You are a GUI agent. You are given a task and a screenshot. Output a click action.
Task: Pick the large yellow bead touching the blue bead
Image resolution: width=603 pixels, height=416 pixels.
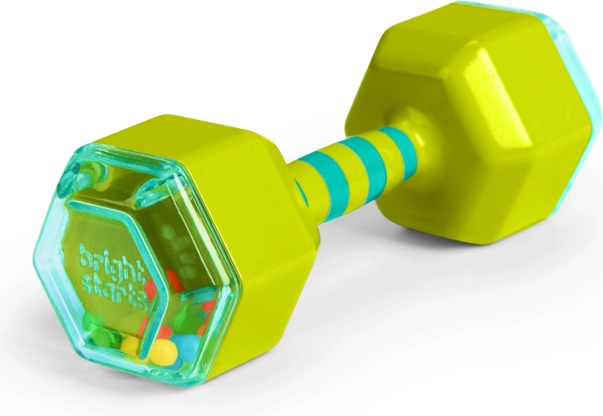163,352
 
